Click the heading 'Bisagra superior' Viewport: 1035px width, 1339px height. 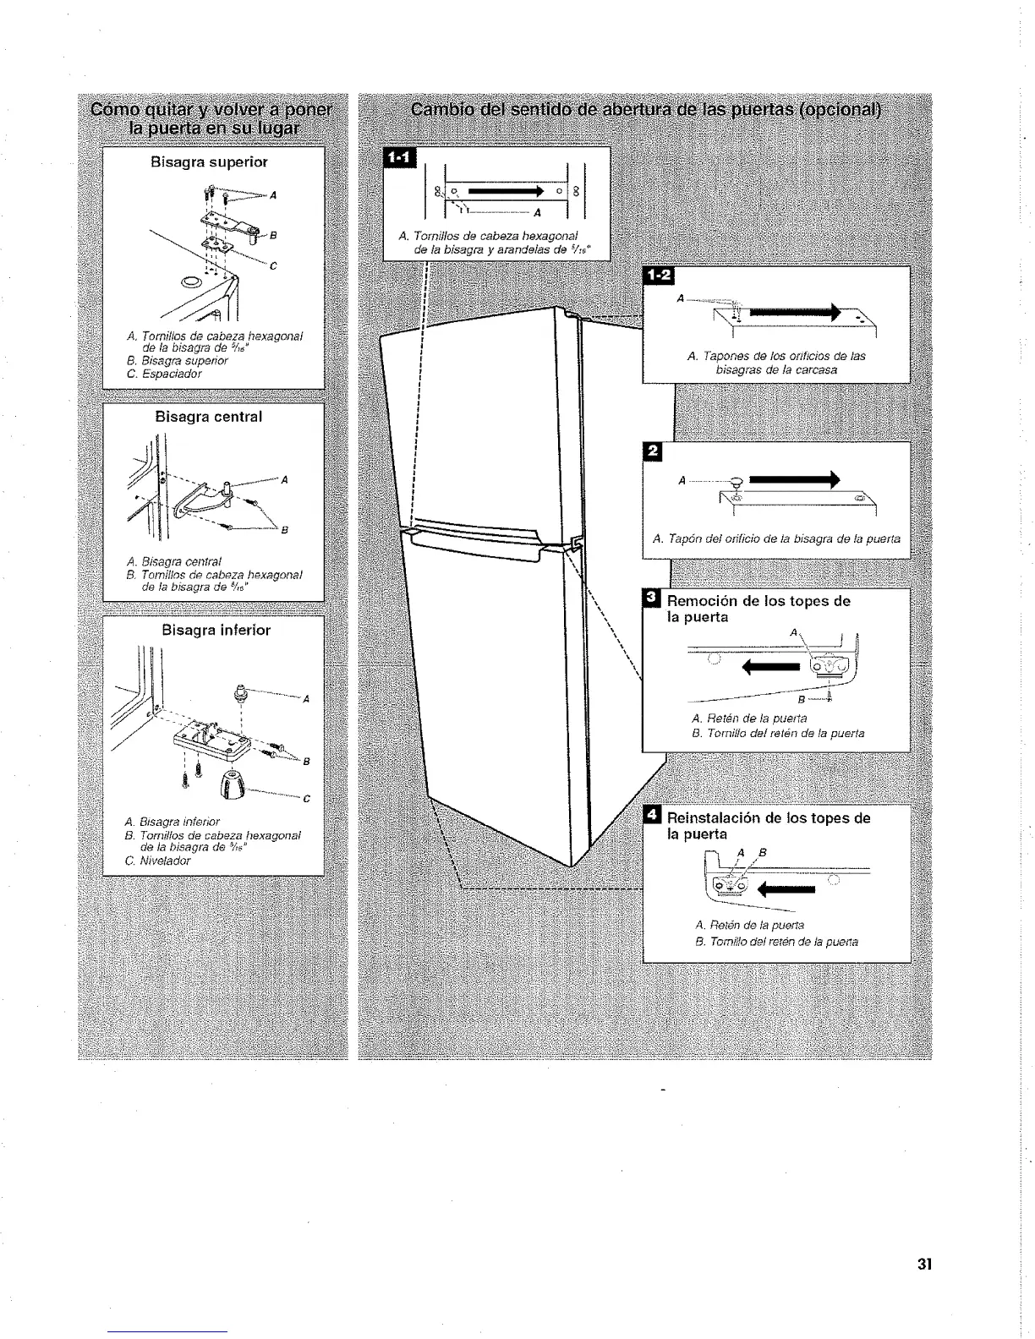tap(209, 161)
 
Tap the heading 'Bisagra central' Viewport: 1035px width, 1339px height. tap(209, 417)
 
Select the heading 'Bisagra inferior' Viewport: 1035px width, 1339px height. tap(216, 630)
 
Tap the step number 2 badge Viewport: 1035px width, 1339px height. tap(651, 451)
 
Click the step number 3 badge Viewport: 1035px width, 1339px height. tap(651, 600)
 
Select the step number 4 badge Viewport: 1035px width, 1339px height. tap(652, 817)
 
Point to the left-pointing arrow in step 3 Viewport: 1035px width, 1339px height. tap(769, 669)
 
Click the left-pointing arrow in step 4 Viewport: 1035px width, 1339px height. tap(787, 888)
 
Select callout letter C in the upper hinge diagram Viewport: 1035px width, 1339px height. tap(273, 267)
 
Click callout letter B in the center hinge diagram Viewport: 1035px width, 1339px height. tap(284, 531)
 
